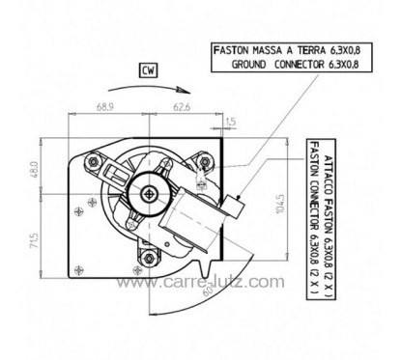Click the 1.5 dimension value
pos(229,122)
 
